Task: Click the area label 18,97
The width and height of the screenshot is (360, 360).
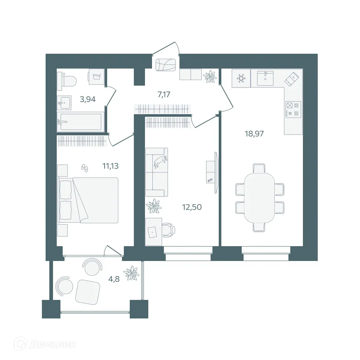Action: pos(254,134)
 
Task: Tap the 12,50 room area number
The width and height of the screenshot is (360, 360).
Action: pos(192,207)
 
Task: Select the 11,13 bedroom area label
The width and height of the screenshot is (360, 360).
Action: pos(110,166)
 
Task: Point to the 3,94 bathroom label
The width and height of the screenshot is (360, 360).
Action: pos(88,99)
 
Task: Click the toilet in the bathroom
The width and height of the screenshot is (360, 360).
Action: pos(67,80)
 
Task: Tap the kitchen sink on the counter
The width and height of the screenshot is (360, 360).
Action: pos(265,78)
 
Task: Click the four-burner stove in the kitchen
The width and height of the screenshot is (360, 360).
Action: pos(293,109)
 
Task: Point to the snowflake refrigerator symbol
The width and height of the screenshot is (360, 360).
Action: pos(241,79)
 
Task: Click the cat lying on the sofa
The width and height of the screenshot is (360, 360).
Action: pos(161,161)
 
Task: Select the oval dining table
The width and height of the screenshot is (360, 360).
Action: pos(260,198)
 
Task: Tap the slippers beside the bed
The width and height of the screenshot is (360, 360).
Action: pos(85,168)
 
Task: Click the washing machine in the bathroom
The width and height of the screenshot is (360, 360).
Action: pos(96,77)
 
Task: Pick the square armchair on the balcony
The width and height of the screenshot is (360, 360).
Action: pos(87,292)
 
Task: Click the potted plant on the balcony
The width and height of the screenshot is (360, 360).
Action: pos(131,274)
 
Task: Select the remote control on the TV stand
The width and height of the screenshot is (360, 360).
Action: pos(210,180)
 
